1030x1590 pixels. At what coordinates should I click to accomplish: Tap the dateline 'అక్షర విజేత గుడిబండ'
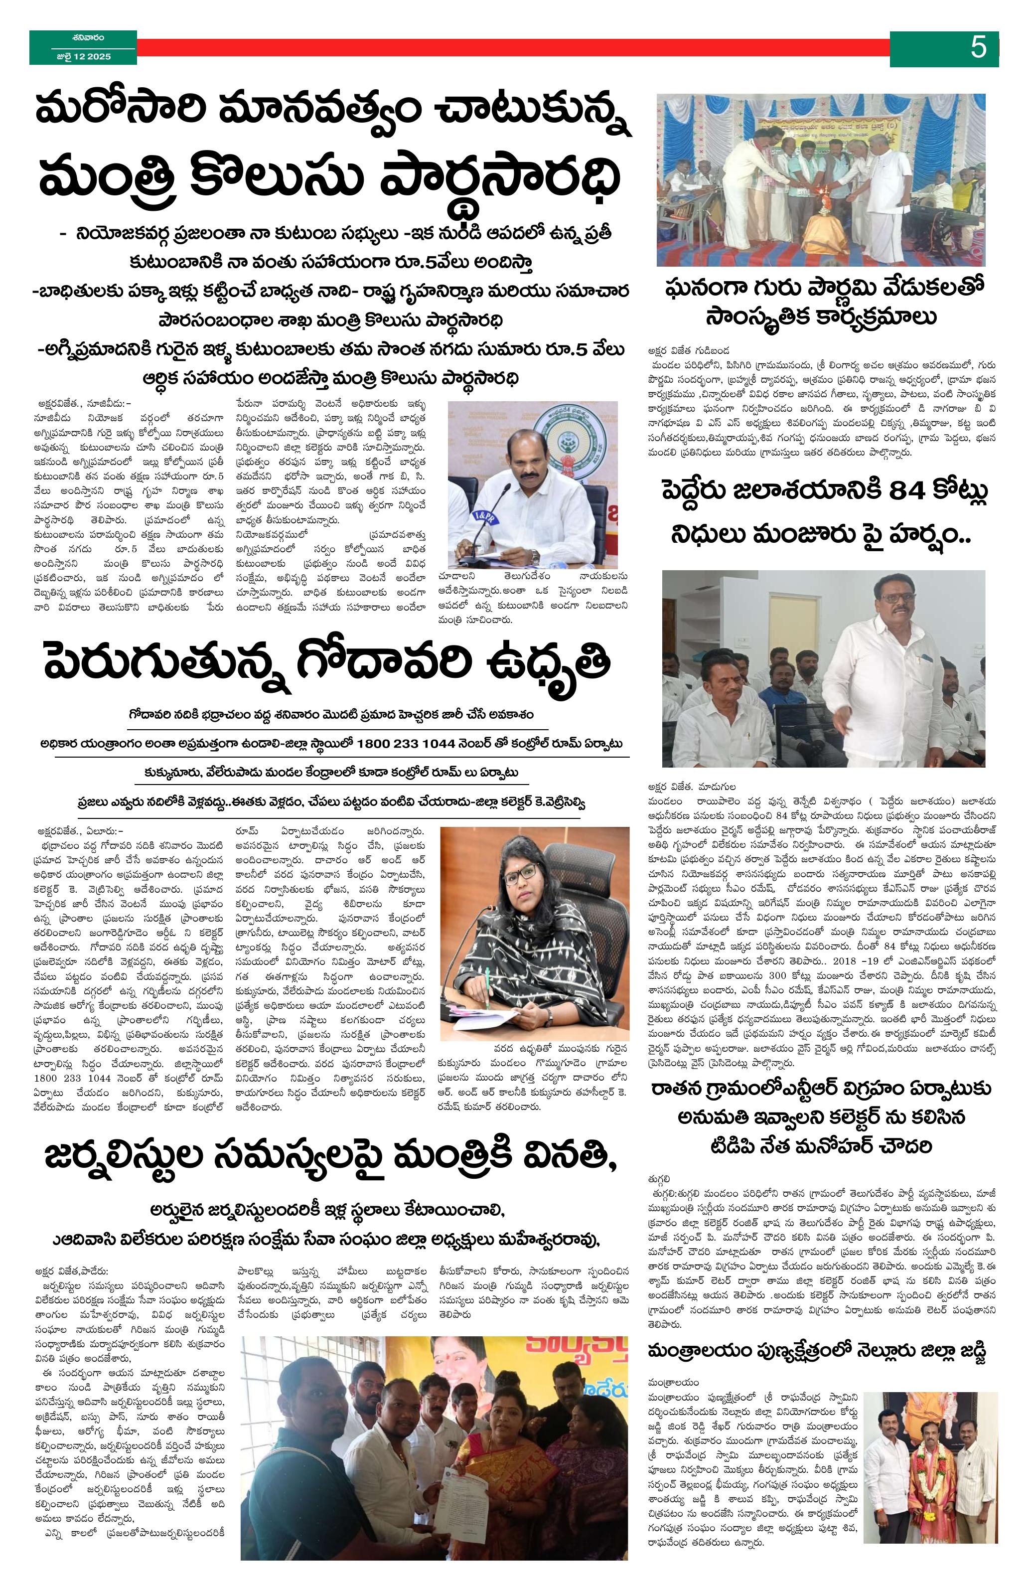coord(688,350)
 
